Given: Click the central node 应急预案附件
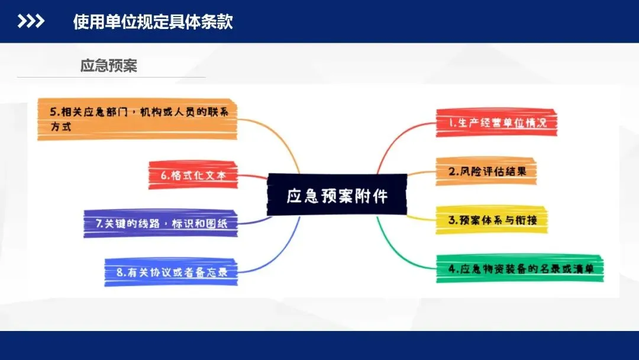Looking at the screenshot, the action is tap(337, 195).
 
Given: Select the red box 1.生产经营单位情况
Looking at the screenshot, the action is tap(496, 123).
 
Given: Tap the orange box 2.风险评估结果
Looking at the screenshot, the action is tap(486, 172).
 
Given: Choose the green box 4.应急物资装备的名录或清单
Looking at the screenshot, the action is tap(520, 269).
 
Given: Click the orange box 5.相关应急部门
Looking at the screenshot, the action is tap(137, 119).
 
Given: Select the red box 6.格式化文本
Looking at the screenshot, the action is tap(193, 175).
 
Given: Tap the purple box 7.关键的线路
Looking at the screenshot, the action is tap(161, 224).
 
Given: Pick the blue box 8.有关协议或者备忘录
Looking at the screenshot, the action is tap(171, 272).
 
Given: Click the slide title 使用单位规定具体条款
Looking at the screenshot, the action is tap(153, 22).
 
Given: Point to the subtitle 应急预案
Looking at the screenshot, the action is tap(109, 66).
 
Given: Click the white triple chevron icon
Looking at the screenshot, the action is tap(31, 22).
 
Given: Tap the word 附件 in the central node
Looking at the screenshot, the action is tap(372, 195).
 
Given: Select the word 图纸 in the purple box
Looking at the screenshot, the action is tap(224, 224).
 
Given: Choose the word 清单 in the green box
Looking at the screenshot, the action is tap(590, 269).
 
